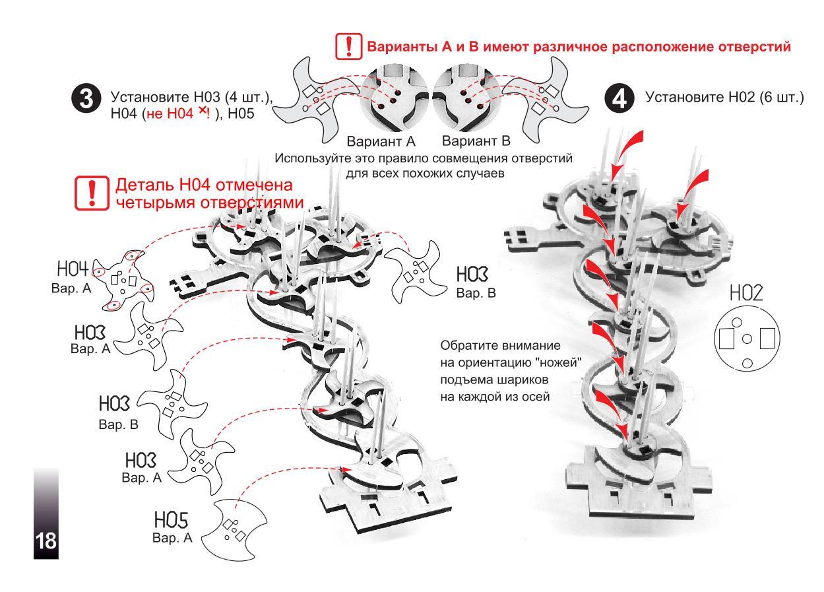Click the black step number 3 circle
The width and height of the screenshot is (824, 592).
tap(86, 99)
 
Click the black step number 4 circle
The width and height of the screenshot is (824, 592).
tap(619, 98)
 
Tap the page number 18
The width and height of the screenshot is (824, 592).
tap(46, 541)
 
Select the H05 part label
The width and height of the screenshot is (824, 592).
tap(171, 520)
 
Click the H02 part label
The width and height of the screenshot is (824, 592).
tap(746, 293)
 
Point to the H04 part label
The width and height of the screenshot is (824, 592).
tap(73, 269)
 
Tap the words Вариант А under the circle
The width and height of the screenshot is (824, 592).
tap(381, 141)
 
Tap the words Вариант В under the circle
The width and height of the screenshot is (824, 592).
tap(476, 141)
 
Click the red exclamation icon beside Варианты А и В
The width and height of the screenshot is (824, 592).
tap(349, 46)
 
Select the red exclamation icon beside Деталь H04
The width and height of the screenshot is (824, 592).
tap(92, 193)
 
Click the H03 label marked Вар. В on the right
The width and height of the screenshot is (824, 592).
tap(472, 275)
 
